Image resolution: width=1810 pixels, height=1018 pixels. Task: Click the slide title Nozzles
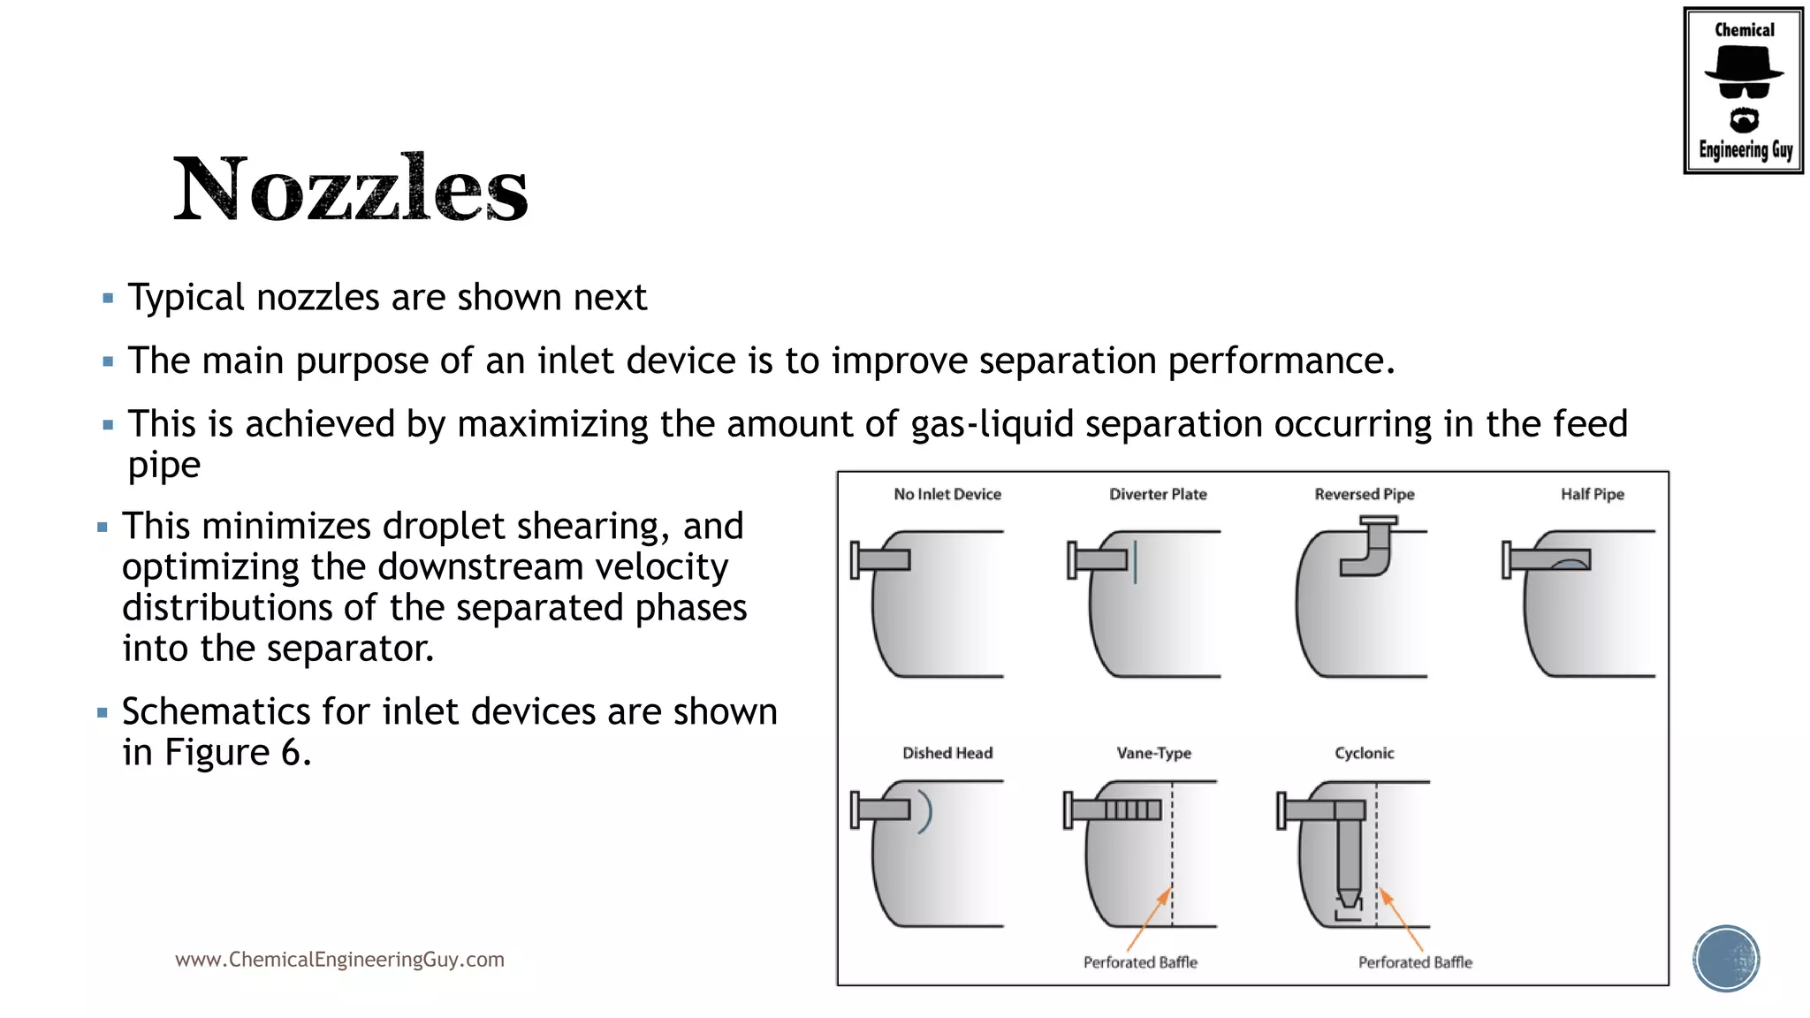tap(350, 188)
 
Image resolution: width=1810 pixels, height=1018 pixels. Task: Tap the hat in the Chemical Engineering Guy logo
tap(1743, 64)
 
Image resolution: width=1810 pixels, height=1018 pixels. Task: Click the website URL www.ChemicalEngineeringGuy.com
tap(339, 960)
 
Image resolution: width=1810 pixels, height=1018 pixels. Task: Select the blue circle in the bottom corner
tap(1726, 959)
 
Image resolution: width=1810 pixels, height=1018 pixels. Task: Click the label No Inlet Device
tap(947, 494)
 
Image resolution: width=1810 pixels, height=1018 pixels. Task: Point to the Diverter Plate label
tap(1158, 494)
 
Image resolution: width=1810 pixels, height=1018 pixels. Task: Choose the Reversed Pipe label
tap(1364, 494)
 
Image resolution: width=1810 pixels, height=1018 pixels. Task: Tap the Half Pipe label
tap(1592, 494)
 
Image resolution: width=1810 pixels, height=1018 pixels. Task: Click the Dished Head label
tap(947, 753)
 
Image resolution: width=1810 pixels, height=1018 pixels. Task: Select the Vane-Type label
tap(1153, 753)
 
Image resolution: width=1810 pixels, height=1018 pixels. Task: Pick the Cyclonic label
tap(1364, 753)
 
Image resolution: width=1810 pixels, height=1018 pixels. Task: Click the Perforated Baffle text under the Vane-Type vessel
tap(1140, 962)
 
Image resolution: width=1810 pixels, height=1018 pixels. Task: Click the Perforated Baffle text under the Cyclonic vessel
tap(1415, 962)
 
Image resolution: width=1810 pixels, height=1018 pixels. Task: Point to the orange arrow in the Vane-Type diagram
tap(1149, 919)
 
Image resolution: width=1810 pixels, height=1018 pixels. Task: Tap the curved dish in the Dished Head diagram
tap(925, 811)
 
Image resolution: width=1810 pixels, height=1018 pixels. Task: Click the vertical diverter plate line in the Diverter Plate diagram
tap(1136, 562)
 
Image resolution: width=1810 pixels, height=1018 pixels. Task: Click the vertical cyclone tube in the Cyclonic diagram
tap(1349, 853)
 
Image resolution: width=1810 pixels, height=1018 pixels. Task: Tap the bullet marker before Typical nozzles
tap(108, 299)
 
